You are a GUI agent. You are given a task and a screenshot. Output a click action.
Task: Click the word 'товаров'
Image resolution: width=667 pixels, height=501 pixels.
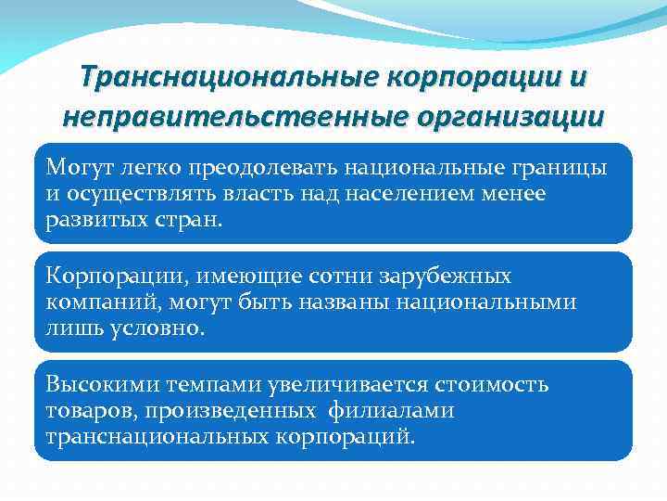click(x=87, y=409)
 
